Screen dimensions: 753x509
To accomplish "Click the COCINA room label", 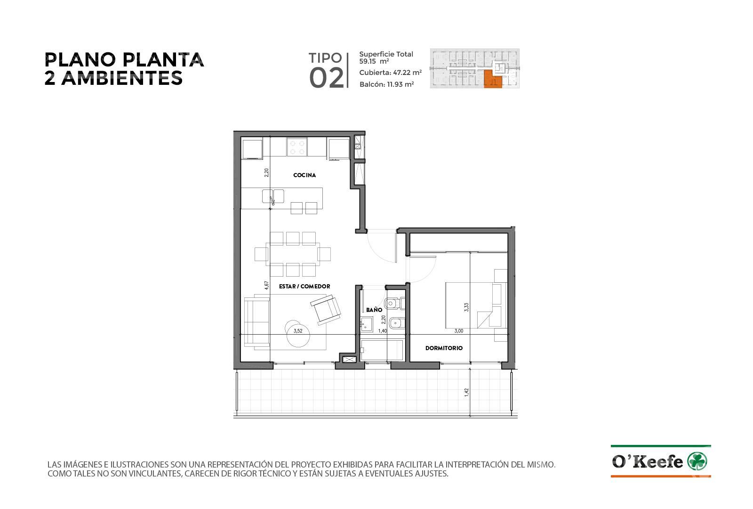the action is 304,175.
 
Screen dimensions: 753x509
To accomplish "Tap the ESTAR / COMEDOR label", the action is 304,287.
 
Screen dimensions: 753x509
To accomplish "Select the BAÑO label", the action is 374,310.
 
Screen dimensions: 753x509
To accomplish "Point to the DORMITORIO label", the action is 444,348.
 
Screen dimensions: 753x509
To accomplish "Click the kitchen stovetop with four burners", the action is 297,147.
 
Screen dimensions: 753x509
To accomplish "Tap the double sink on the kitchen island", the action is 273,196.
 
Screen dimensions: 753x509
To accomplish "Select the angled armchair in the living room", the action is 325,310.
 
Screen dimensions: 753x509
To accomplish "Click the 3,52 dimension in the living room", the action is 298,331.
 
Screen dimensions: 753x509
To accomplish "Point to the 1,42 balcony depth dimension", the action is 466,393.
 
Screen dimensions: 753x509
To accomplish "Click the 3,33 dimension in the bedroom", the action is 466,307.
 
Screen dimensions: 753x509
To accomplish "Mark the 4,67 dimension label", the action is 266,286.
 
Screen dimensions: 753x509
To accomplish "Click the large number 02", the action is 327,78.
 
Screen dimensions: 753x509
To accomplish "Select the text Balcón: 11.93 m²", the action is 386,84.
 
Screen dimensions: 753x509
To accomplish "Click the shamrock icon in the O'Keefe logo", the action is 697,461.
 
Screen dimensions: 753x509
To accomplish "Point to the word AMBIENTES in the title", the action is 122,78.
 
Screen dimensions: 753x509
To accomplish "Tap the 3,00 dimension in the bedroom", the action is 458,331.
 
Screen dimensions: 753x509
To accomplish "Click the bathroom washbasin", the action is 366,324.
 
